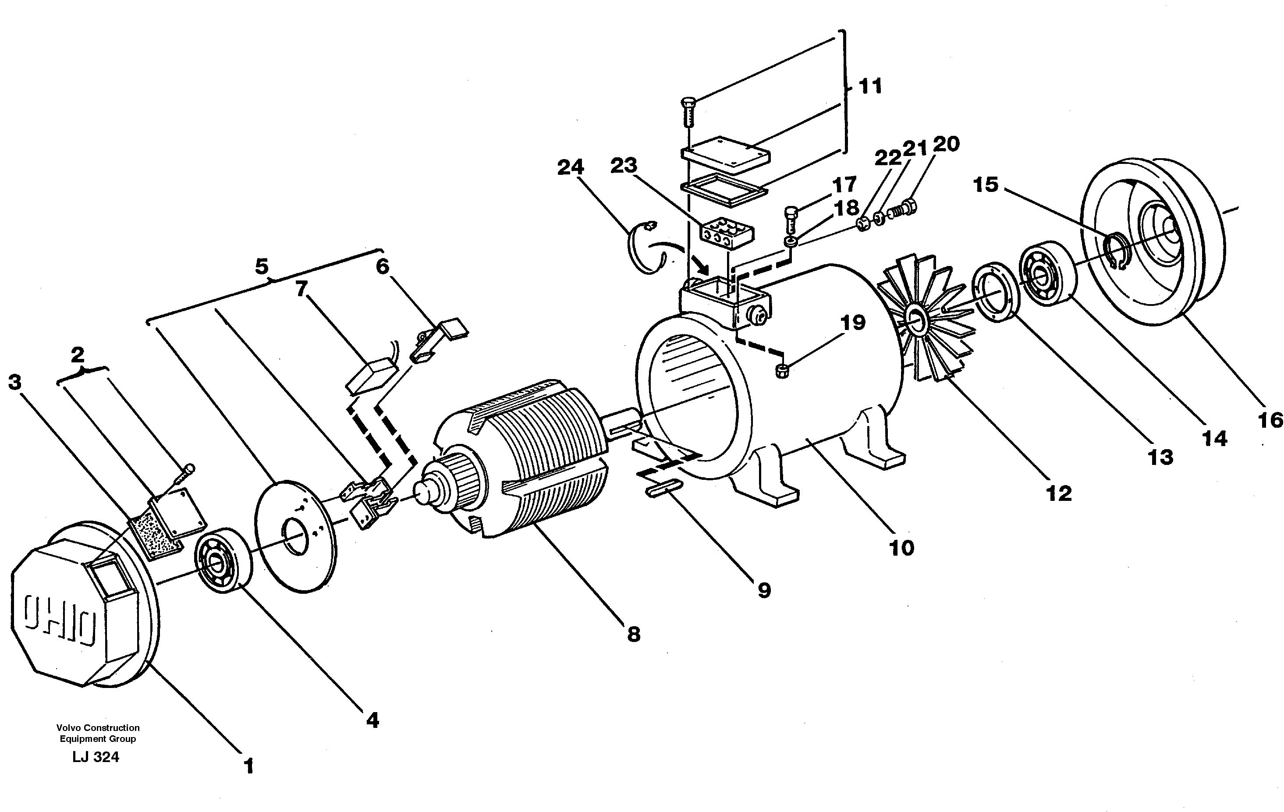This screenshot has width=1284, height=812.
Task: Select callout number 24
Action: point(571,167)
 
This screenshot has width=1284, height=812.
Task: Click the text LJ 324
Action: point(96,757)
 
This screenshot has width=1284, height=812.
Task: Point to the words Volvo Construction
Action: point(98,728)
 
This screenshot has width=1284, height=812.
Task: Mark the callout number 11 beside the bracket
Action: point(870,86)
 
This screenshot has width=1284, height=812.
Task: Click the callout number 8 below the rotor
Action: point(633,635)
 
